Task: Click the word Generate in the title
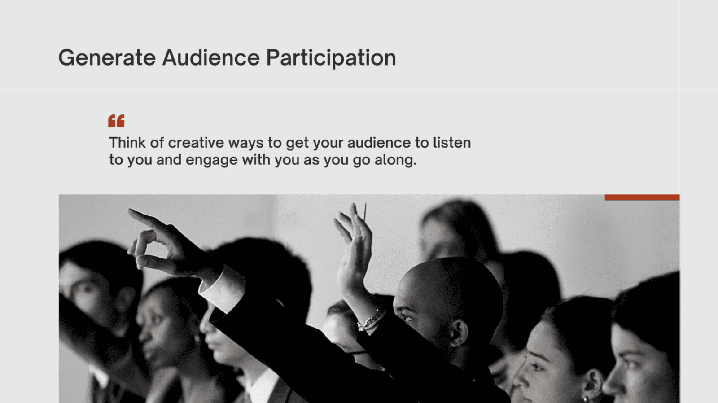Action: [107, 58]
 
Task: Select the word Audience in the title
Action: [211, 58]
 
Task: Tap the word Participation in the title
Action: [331, 58]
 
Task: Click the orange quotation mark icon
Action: [116, 121]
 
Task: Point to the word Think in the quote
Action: [127, 143]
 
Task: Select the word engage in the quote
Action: [211, 160]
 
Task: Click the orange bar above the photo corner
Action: [642, 197]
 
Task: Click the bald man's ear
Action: [459, 333]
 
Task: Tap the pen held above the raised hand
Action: [365, 212]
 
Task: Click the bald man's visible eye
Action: [407, 317]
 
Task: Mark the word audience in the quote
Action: [379, 143]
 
